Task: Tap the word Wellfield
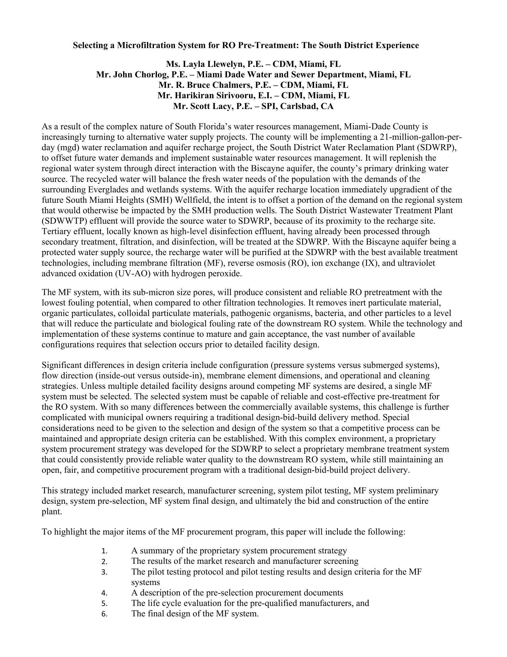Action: click(x=193, y=200)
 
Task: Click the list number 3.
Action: click(x=104, y=572)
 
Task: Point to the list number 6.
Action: click(x=104, y=614)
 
